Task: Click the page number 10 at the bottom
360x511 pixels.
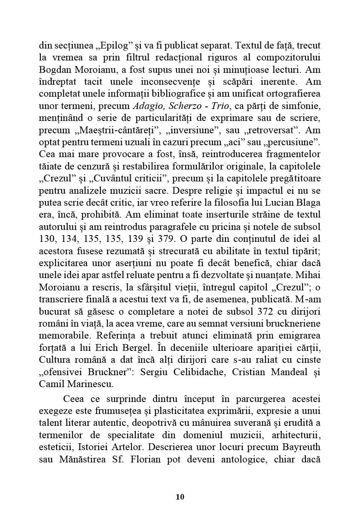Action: [180, 497]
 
